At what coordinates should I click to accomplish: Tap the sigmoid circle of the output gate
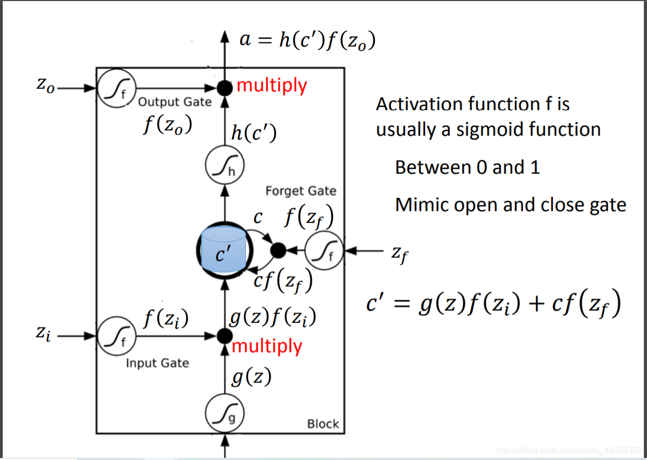click(x=118, y=88)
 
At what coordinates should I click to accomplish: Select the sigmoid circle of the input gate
click(x=117, y=336)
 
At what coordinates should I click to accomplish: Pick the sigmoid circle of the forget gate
click(x=324, y=251)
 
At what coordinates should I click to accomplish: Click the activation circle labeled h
click(x=225, y=166)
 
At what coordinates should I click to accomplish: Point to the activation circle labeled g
click(x=225, y=413)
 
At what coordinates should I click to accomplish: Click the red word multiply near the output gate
click(x=272, y=85)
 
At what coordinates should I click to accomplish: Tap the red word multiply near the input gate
click(x=267, y=346)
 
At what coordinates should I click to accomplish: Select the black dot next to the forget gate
click(x=278, y=250)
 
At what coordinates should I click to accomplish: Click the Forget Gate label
click(x=301, y=191)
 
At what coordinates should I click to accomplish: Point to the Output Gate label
click(x=175, y=102)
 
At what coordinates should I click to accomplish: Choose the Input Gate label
click(x=157, y=363)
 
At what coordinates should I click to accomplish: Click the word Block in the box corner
click(x=323, y=424)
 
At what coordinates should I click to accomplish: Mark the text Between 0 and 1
click(x=467, y=167)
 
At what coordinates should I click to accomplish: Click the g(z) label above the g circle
click(x=251, y=378)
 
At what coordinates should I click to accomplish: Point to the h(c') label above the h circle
click(x=253, y=132)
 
